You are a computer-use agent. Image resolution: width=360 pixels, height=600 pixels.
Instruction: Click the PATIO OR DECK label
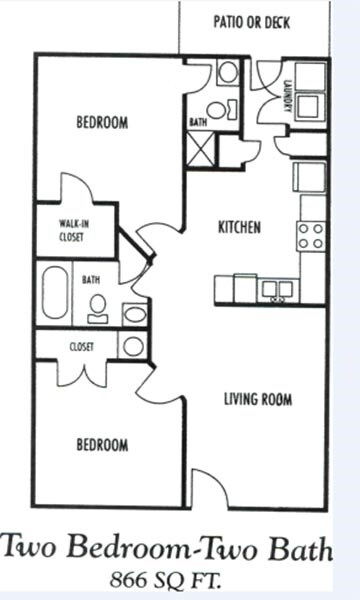coord(251,22)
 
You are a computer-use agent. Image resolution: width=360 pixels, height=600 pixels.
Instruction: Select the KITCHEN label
coord(239,228)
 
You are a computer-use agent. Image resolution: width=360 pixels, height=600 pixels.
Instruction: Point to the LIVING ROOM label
coord(257,400)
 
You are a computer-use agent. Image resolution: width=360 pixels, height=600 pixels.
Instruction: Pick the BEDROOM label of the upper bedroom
coord(102,123)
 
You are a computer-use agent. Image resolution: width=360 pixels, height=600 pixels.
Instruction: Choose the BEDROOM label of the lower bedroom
coord(102,445)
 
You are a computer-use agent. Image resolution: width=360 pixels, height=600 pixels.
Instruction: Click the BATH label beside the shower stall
coord(198,122)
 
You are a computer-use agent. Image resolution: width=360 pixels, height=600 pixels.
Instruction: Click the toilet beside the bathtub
coord(98,308)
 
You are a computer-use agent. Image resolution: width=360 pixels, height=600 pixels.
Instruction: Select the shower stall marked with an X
coord(201,150)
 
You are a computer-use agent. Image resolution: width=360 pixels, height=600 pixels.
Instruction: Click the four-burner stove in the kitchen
coord(310,236)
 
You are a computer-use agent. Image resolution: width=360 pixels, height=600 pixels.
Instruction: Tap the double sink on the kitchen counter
coord(276,290)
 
